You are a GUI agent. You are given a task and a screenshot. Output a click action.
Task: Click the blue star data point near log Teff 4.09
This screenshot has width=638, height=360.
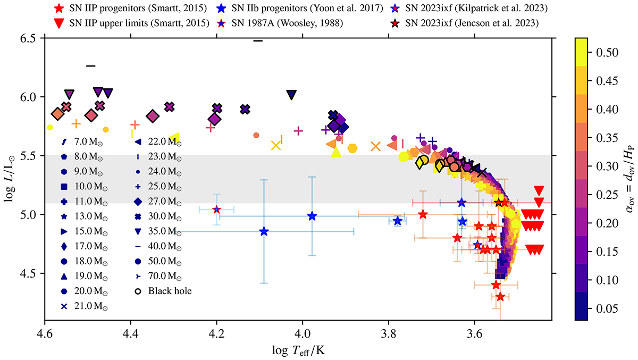264,231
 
